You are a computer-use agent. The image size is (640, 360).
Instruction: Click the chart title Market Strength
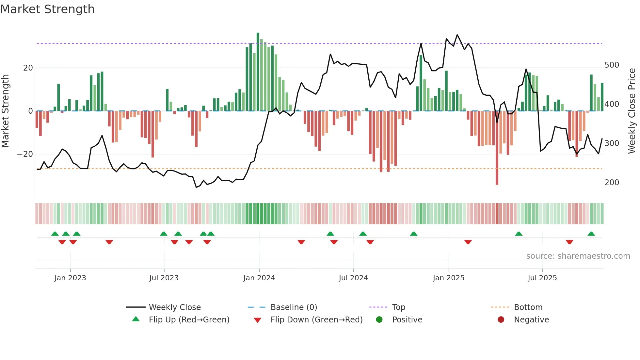click(x=48, y=9)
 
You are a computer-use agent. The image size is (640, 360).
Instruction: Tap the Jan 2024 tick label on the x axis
click(x=259, y=278)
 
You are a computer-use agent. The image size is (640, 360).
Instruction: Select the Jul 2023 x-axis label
click(x=164, y=278)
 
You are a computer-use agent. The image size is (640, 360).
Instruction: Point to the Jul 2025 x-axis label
click(x=542, y=278)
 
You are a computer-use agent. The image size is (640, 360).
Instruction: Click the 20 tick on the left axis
click(x=28, y=68)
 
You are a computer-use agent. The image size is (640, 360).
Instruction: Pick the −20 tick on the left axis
click(x=25, y=154)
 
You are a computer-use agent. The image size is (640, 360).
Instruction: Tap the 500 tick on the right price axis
click(x=612, y=65)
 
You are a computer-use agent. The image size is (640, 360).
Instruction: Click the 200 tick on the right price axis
click(x=612, y=183)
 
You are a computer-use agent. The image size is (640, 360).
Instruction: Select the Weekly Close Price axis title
click(x=632, y=111)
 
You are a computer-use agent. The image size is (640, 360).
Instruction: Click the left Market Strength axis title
click(x=5, y=111)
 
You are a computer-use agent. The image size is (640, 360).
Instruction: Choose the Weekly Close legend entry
click(x=174, y=307)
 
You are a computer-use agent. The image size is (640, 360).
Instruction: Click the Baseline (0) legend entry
click(x=294, y=307)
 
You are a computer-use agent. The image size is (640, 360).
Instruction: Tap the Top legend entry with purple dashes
click(x=398, y=307)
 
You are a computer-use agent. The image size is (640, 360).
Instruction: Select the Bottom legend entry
click(x=528, y=307)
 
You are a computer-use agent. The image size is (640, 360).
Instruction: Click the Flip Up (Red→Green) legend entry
click(x=189, y=320)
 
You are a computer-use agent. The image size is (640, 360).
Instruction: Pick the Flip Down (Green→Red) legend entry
click(x=316, y=320)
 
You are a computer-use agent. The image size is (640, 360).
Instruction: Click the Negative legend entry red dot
click(x=501, y=320)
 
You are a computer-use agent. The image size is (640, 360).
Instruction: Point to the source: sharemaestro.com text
click(x=578, y=256)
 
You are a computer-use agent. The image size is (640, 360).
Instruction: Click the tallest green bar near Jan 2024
click(x=258, y=72)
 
